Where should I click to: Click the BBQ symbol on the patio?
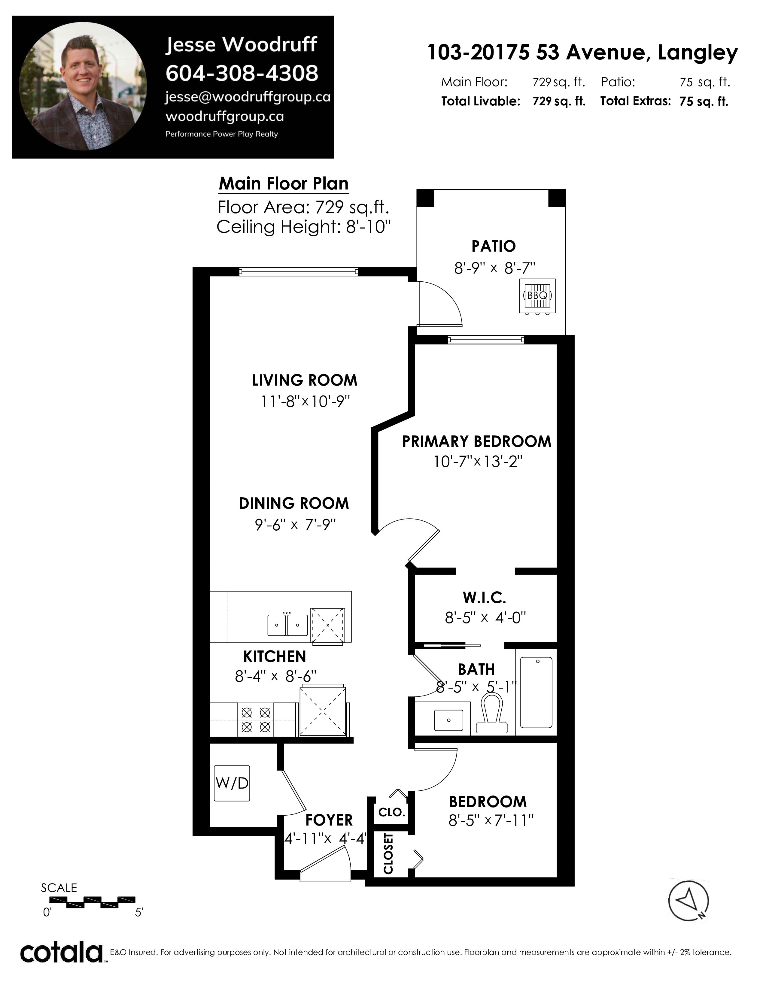pyautogui.click(x=537, y=295)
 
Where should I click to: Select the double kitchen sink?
pyautogui.click(x=287, y=625)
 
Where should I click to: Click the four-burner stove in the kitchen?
pyautogui.click(x=256, y=720)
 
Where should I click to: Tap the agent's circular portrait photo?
pyautogui.click(x=83, y=86)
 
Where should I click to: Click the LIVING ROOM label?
pyautogui.click(x=305, y=380)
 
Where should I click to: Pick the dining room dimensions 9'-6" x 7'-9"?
pyautogui.click(x=295, y=525)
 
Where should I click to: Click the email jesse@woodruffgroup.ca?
pyautogui.click(x=248, y=97)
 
